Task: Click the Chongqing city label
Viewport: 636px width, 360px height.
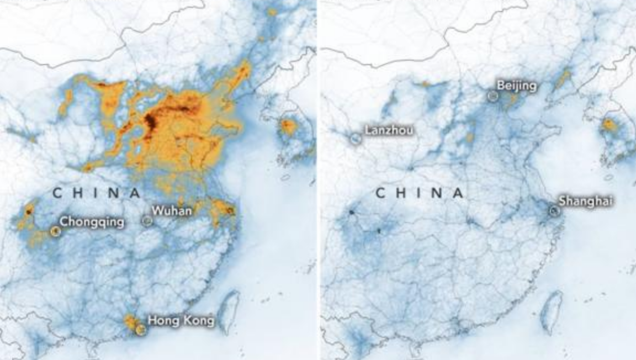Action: (92, 222)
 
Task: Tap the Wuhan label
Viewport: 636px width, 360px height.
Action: (172, 210)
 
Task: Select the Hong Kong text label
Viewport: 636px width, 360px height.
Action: (181, 320)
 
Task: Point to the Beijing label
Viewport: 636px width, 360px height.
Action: (516, 86)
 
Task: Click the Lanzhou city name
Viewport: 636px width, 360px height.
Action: (388, 131)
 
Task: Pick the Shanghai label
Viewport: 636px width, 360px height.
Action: (585, 202)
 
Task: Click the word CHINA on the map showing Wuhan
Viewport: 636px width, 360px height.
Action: (97, 193)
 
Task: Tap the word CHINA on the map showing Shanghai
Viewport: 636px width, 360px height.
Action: (420, 193)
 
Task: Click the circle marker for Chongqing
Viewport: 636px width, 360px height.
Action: (55, 231)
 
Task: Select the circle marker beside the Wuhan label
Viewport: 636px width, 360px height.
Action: (147, 221)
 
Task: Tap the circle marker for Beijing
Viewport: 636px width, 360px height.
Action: (492, 96)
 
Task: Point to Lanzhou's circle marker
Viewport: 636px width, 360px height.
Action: (356, 138)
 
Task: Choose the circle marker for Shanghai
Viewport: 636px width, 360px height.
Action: (554, 210)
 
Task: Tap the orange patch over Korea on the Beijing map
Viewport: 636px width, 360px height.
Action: (609, 125)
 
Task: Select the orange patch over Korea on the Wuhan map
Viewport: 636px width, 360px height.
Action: (288, 126)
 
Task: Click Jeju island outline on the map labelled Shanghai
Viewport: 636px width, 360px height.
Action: (609, 178)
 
